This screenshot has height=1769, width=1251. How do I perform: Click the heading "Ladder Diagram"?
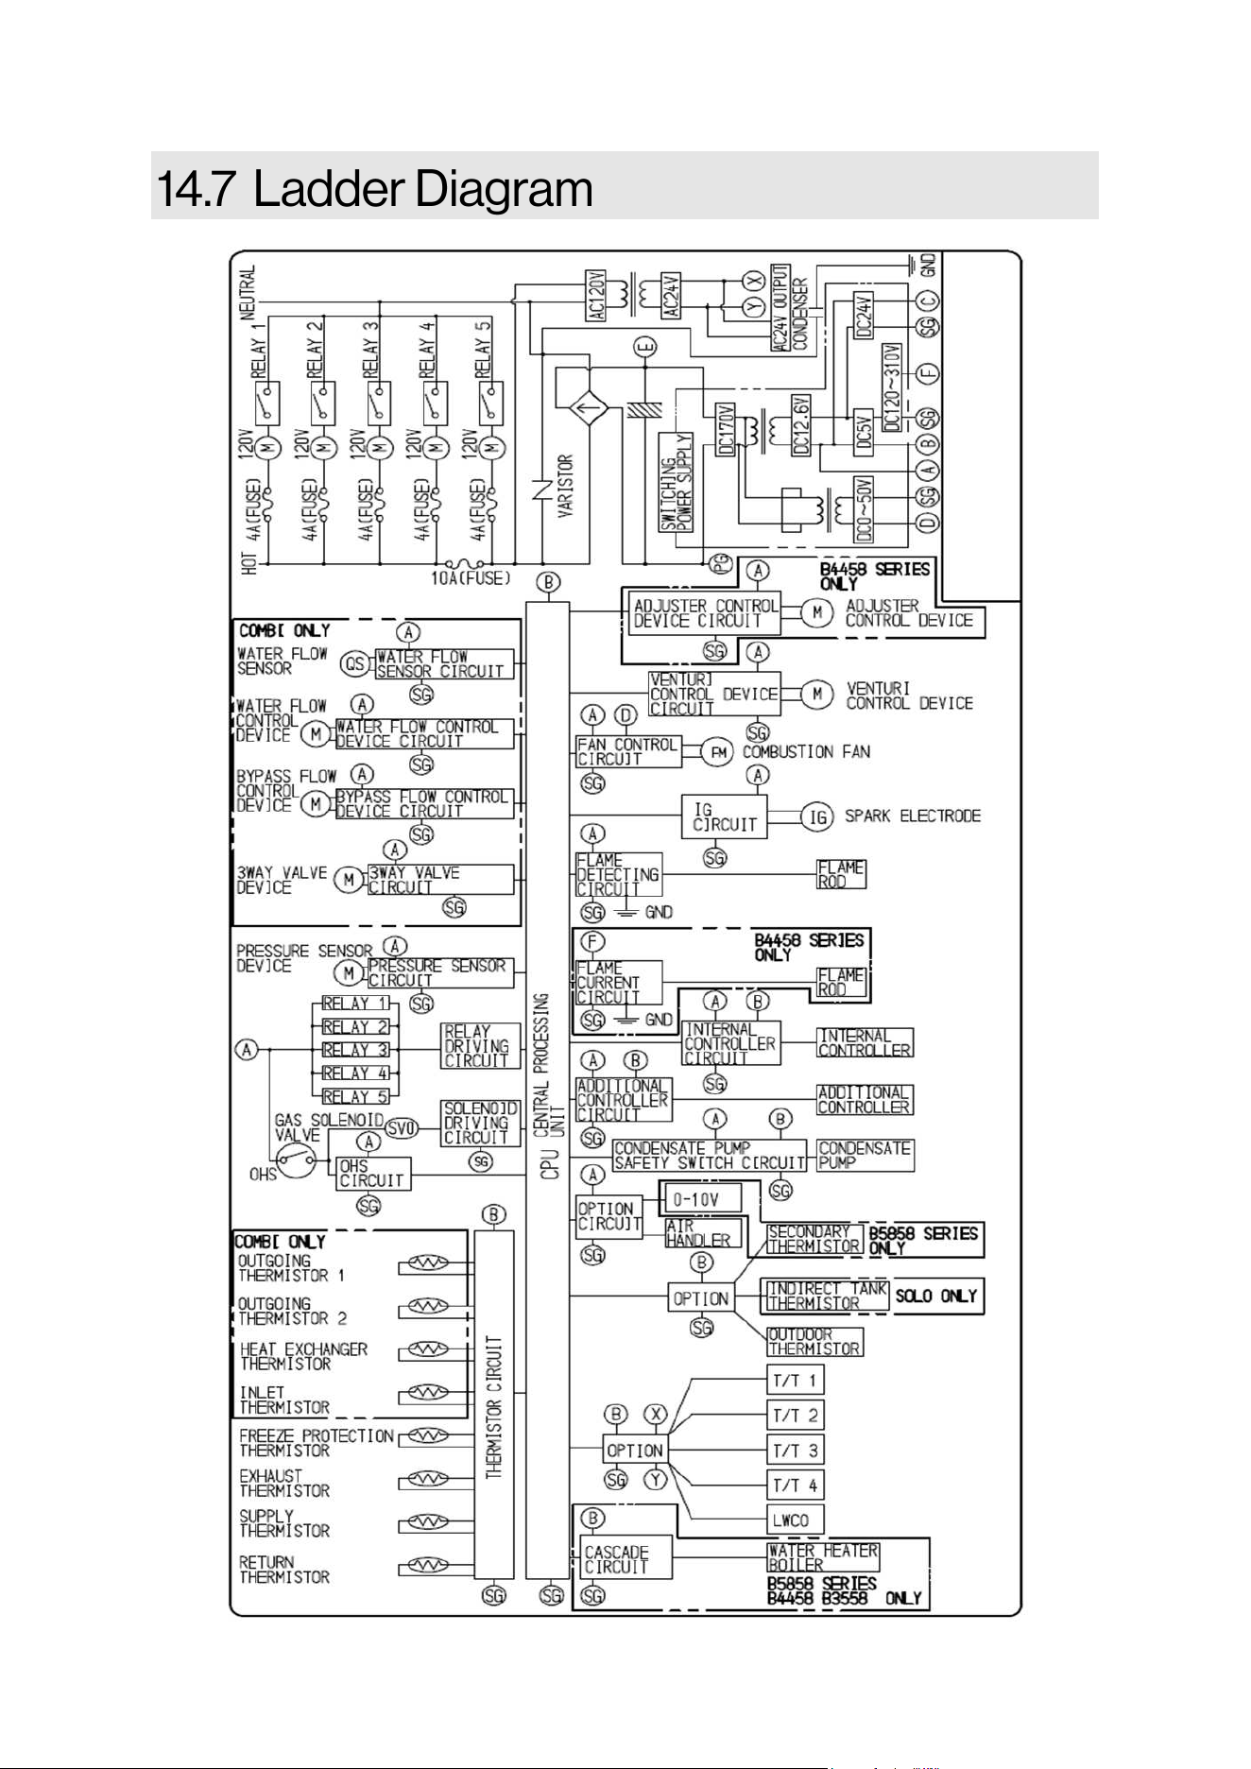click(422, 189)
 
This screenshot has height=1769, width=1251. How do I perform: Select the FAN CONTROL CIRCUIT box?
click(627, 751)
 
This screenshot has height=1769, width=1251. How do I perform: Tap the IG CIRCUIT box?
click(725, 816)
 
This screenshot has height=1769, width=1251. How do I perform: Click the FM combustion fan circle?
click(720, 752)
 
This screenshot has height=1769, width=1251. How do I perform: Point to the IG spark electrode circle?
click(817, 816)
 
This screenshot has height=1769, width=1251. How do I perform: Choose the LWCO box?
click(795, 1520)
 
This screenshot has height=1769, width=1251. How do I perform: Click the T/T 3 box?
click(795, 1450)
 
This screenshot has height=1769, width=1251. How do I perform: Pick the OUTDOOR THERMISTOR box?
click(814, 1342)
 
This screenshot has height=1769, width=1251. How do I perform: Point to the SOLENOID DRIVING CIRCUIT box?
click(481, 1123)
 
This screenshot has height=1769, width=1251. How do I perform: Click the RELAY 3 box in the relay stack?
click(356, 1050)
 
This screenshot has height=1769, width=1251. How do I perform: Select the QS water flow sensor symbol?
click(355, 663)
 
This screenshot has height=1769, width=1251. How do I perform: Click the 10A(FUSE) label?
click(471, 577)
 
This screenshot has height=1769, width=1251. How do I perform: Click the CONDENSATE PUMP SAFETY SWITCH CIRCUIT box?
click(710, 1156)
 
